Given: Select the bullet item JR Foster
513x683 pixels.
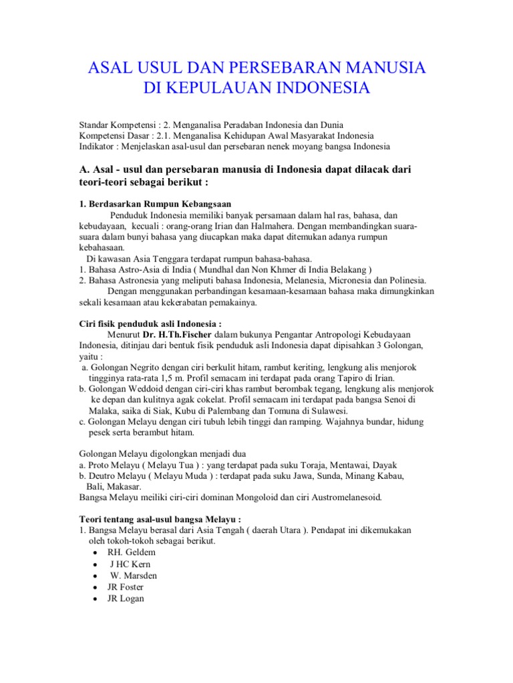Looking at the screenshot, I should tap(126, 587).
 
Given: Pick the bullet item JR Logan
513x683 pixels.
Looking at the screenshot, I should tap(126, 598).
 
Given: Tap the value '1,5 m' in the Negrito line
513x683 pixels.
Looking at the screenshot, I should tap(184, 376).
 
